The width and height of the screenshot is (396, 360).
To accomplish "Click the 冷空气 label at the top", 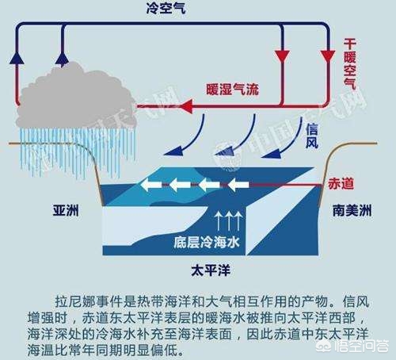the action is click(166, 9).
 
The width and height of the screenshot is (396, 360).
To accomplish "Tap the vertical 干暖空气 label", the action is click(350, 64).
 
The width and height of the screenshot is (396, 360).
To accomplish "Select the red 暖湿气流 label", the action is click(232, 89).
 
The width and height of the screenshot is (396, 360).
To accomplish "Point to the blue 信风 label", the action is click(312, 136).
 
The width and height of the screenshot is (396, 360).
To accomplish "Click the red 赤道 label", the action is click(341, 183).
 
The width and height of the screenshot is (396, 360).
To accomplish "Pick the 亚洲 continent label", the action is click(66, 211).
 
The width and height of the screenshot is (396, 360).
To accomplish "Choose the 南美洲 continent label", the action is click(352, 211).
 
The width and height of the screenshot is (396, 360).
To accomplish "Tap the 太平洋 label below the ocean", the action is click(211, 271).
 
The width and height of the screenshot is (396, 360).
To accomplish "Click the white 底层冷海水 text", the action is click(207, 242).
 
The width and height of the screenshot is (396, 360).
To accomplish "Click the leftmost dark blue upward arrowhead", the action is click(17, 57).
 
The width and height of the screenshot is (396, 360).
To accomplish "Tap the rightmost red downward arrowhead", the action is click(328, 57).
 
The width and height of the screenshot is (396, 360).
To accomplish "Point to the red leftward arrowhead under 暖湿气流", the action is click(185, 106).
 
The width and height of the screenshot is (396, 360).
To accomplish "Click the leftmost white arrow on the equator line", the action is click(151, 185).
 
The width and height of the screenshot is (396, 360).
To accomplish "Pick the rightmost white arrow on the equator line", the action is click(238, 185).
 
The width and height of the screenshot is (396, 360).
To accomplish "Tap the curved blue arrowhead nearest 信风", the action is click(272, 153).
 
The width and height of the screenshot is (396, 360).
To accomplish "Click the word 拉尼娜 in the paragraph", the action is click(75, 301).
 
